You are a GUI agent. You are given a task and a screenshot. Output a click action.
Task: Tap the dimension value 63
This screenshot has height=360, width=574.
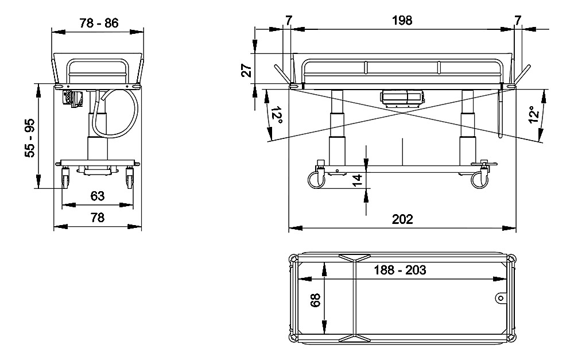click(x=98, y=196)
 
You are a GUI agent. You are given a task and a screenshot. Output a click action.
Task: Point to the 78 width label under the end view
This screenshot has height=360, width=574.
click(x=98, y=217)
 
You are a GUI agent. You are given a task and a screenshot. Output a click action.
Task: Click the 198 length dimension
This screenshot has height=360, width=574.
click(x=403, y=21)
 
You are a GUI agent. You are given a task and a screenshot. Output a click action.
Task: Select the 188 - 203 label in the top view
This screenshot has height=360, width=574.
click(x=400, y=270)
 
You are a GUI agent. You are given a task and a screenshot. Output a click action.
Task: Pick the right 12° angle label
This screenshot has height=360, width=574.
click(x=534, y=114)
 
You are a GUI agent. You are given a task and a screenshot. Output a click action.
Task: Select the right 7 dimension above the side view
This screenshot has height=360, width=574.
click(x=518, y=21)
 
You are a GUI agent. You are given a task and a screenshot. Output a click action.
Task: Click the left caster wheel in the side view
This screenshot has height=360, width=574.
click(x=315, y=180)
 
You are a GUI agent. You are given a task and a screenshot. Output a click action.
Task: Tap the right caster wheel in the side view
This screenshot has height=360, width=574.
click(x=479, y=180)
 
